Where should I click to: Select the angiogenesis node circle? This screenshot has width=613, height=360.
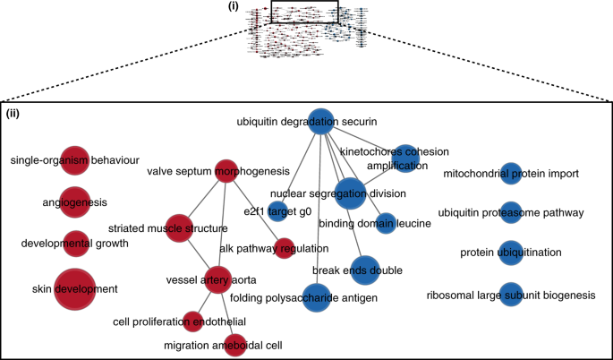(x=74, y=202)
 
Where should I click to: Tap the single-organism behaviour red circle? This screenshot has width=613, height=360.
(x=74, y=160)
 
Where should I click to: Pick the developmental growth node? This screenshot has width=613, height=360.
(x=76, y=242)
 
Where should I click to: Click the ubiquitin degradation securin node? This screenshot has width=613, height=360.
(x=319, y=121)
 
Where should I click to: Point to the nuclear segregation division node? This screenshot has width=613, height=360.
(x=351, y=193)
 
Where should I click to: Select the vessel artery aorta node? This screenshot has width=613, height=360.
(x=219, y=279)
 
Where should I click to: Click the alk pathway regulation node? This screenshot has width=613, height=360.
(x=285, y=246)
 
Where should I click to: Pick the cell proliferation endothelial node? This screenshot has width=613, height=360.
(x=192, y=321)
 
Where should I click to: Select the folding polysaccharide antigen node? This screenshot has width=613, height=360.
(x=317, y=297)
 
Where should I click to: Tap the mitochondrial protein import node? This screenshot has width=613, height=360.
(x=510, y=173)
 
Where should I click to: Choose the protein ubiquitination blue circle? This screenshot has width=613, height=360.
(x=510, y=253)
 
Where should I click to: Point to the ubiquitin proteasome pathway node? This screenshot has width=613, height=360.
(x=510, y=212)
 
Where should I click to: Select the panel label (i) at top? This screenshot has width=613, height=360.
(x=259, y=7)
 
